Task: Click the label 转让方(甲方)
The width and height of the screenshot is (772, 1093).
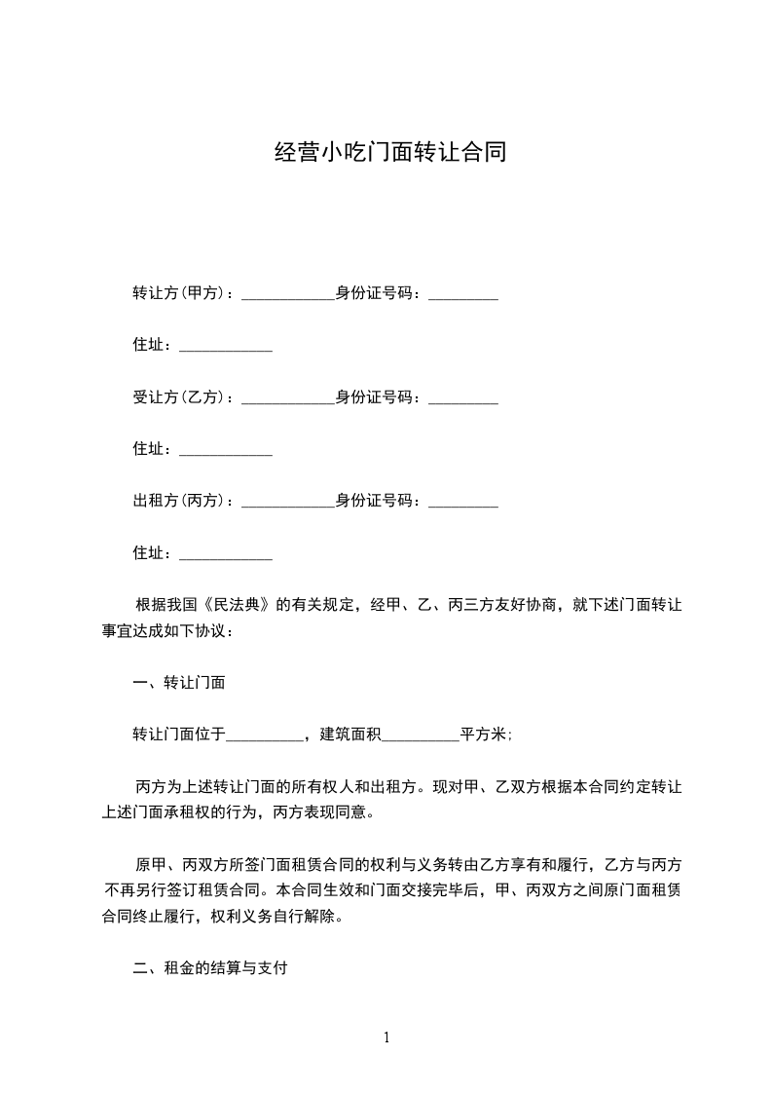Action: click(178, 293)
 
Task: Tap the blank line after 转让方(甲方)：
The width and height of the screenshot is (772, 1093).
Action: click(287, 295)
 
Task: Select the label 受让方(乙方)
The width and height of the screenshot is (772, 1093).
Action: click(178, 397)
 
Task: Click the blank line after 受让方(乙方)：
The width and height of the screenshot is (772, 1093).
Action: click(287, 399)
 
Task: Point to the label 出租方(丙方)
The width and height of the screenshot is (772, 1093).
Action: click(178, 501)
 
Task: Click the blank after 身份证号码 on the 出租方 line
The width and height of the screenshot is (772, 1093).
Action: click(463, 503)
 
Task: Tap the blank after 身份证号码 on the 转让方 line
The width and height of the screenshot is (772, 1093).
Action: click(463, 295)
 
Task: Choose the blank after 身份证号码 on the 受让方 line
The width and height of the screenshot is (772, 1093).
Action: click(463, 399)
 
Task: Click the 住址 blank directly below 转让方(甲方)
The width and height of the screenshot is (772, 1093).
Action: click(226, 348)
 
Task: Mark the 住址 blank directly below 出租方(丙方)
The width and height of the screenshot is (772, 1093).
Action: click(226, 555)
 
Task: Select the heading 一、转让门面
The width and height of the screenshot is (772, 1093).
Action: click(179, 683)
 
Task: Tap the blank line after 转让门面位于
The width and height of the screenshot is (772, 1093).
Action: click(265, 736)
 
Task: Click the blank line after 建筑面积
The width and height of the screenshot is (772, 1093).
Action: click(420, 736)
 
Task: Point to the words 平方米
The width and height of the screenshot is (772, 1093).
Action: click(483, 735)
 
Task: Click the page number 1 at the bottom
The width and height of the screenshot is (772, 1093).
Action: click(386, 1037)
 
